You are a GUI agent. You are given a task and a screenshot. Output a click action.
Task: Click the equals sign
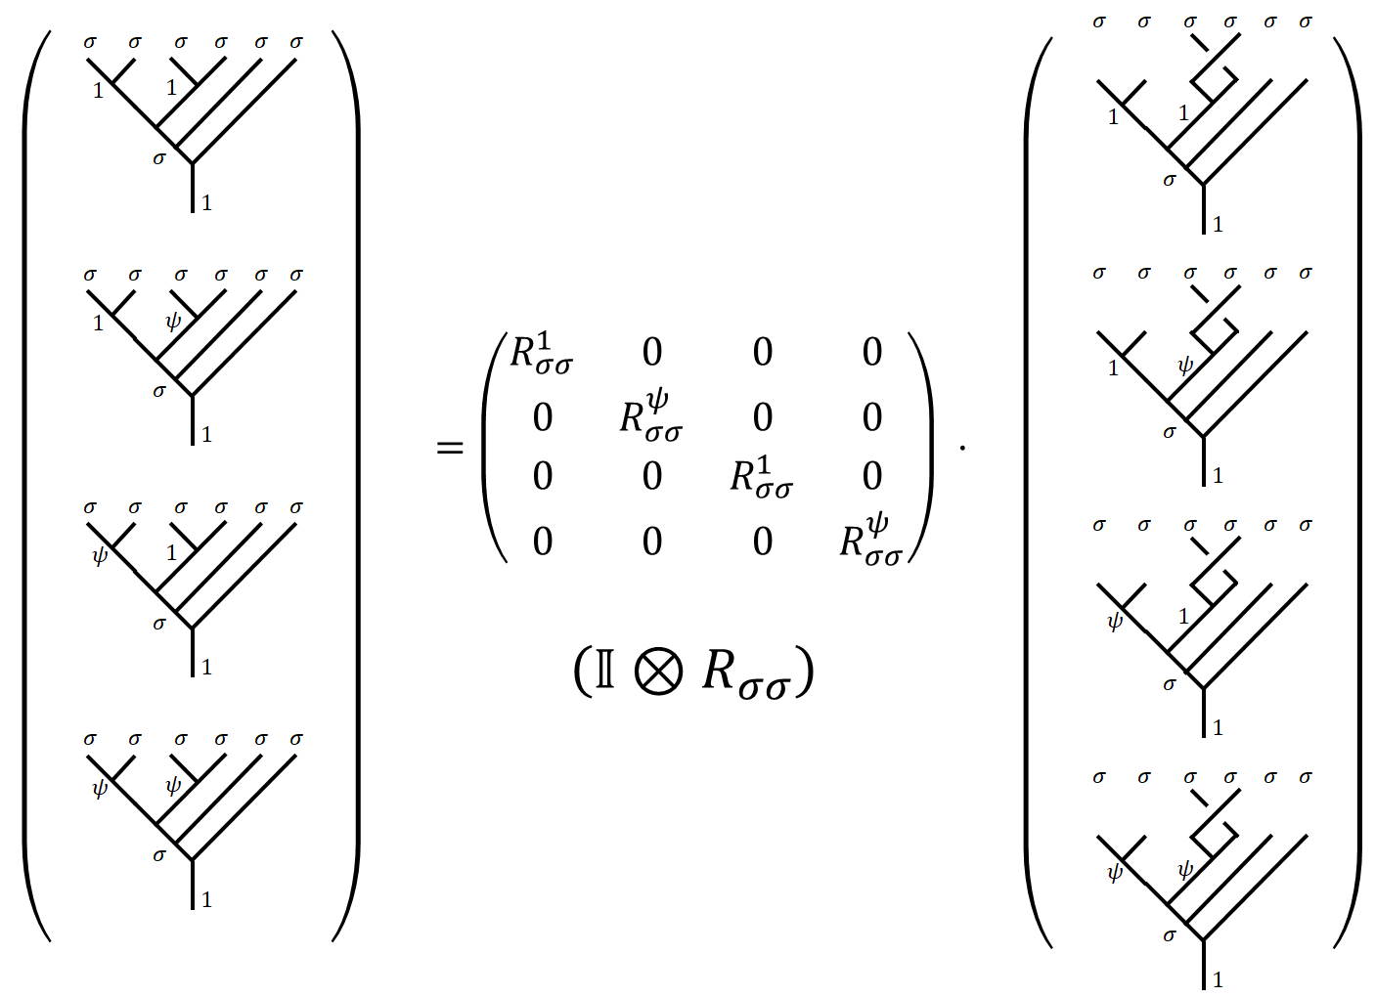click(450, 449)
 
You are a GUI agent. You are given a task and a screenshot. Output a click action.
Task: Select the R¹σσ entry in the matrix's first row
click(541, 354)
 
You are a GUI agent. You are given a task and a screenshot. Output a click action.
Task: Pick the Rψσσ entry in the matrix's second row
click(651, 414)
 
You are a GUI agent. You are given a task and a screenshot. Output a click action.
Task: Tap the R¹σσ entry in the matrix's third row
click(761, 477)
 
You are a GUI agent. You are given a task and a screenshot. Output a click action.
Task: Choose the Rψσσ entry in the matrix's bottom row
click(870, 540)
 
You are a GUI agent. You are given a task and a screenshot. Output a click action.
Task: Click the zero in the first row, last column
click(872, 352)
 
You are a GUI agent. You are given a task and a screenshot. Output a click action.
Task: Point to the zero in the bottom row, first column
click(543, 541)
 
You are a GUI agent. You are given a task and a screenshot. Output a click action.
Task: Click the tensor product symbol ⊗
click(658, 672)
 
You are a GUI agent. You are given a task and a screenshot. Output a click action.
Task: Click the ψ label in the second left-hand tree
click(173, 321)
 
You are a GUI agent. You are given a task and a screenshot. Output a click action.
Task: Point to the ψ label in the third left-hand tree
click(99, 556)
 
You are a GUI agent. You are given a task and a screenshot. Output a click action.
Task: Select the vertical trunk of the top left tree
click(193, 188)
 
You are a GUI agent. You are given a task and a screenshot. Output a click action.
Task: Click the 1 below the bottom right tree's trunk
click(1218, 979)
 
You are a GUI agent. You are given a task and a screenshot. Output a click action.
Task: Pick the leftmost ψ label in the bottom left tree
click(99, 788)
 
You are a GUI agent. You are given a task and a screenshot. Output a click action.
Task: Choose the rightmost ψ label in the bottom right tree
click(1185, 869)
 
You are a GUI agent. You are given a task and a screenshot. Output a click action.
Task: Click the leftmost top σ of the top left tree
click(90, 42)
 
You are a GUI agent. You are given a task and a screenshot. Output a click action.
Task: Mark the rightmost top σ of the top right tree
click(1306, 22)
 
